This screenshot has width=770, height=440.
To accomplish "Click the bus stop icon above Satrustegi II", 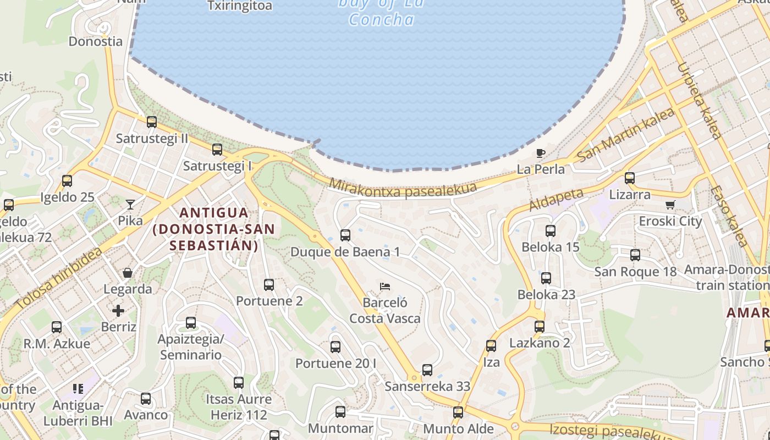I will (x=152, y=122).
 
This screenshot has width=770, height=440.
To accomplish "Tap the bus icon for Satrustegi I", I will (x=217, y=149).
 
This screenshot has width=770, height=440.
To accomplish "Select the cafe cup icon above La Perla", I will (x=541, y=152).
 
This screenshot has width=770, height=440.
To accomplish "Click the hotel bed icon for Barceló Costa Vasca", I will (x=385, y=287).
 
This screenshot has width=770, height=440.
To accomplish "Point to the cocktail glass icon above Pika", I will (x=130, y=205).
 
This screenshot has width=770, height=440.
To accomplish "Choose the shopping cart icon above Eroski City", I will (x=670, y=205).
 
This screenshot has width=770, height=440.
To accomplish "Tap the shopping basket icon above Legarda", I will (x=128, y=273).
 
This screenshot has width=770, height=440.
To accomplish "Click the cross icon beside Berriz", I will (x=118, y=311).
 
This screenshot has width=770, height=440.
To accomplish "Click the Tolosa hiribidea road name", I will (x=59, y=278).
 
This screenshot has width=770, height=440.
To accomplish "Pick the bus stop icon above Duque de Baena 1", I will (x=345, y=235).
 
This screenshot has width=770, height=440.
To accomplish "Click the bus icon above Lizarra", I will (x=630, y=178).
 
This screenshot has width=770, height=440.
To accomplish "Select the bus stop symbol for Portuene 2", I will (x=269, y=285).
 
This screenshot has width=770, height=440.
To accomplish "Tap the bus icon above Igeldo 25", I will (x=67, y=180).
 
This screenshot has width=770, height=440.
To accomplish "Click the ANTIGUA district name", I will (x=214, y=212).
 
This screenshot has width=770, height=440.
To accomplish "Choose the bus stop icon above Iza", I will (x=491, y=346).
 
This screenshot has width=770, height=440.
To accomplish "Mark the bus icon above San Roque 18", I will (x=635, y=255).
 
